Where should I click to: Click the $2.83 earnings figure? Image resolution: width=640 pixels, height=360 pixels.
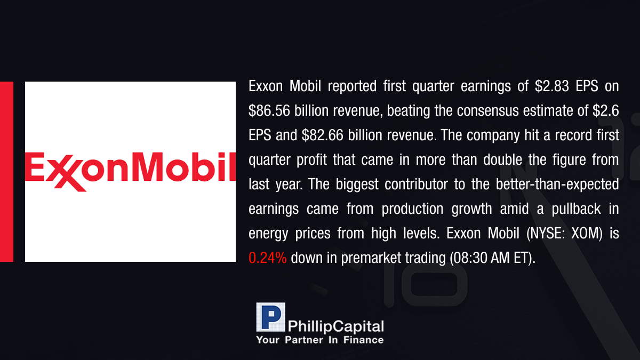[551, 86]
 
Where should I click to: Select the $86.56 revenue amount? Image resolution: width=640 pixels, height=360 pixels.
[269, 111]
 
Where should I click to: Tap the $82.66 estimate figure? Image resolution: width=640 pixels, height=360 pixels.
[322, 135]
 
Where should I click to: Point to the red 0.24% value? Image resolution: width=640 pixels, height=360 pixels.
[267, 258]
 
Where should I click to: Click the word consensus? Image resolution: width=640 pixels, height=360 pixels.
[487, 111]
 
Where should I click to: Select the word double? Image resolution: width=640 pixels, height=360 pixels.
[502, 159]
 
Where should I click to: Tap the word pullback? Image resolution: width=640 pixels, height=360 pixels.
[576, 209]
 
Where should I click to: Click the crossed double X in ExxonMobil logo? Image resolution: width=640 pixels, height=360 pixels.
[66, 172]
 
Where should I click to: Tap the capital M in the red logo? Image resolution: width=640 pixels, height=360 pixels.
[148, 167]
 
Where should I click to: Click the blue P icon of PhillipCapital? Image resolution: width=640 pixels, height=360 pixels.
[270, 317]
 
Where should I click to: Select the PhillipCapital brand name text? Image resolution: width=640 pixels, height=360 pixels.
[335, 327]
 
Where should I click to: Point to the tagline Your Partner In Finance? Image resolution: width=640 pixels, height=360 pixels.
[319, 340]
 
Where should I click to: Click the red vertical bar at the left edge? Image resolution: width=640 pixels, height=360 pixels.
[6, 172]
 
